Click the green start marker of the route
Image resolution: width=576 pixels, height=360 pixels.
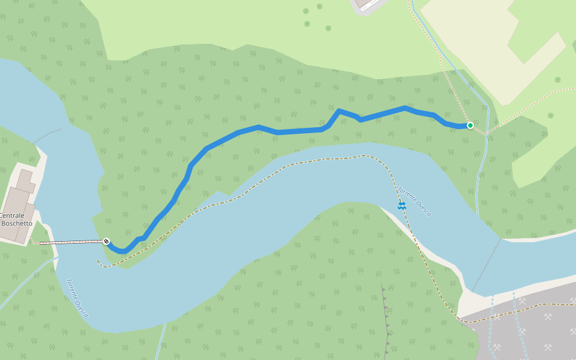(470, 125)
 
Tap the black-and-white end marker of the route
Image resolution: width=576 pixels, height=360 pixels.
(106, 241)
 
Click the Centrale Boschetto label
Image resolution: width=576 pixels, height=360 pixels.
(13, 219)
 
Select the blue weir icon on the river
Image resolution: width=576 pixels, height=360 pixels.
(401, 206)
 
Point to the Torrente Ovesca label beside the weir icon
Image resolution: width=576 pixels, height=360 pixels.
(415, 201)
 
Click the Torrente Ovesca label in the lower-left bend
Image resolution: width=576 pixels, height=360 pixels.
(77, 298)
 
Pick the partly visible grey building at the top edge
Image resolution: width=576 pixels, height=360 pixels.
(366, 5)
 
